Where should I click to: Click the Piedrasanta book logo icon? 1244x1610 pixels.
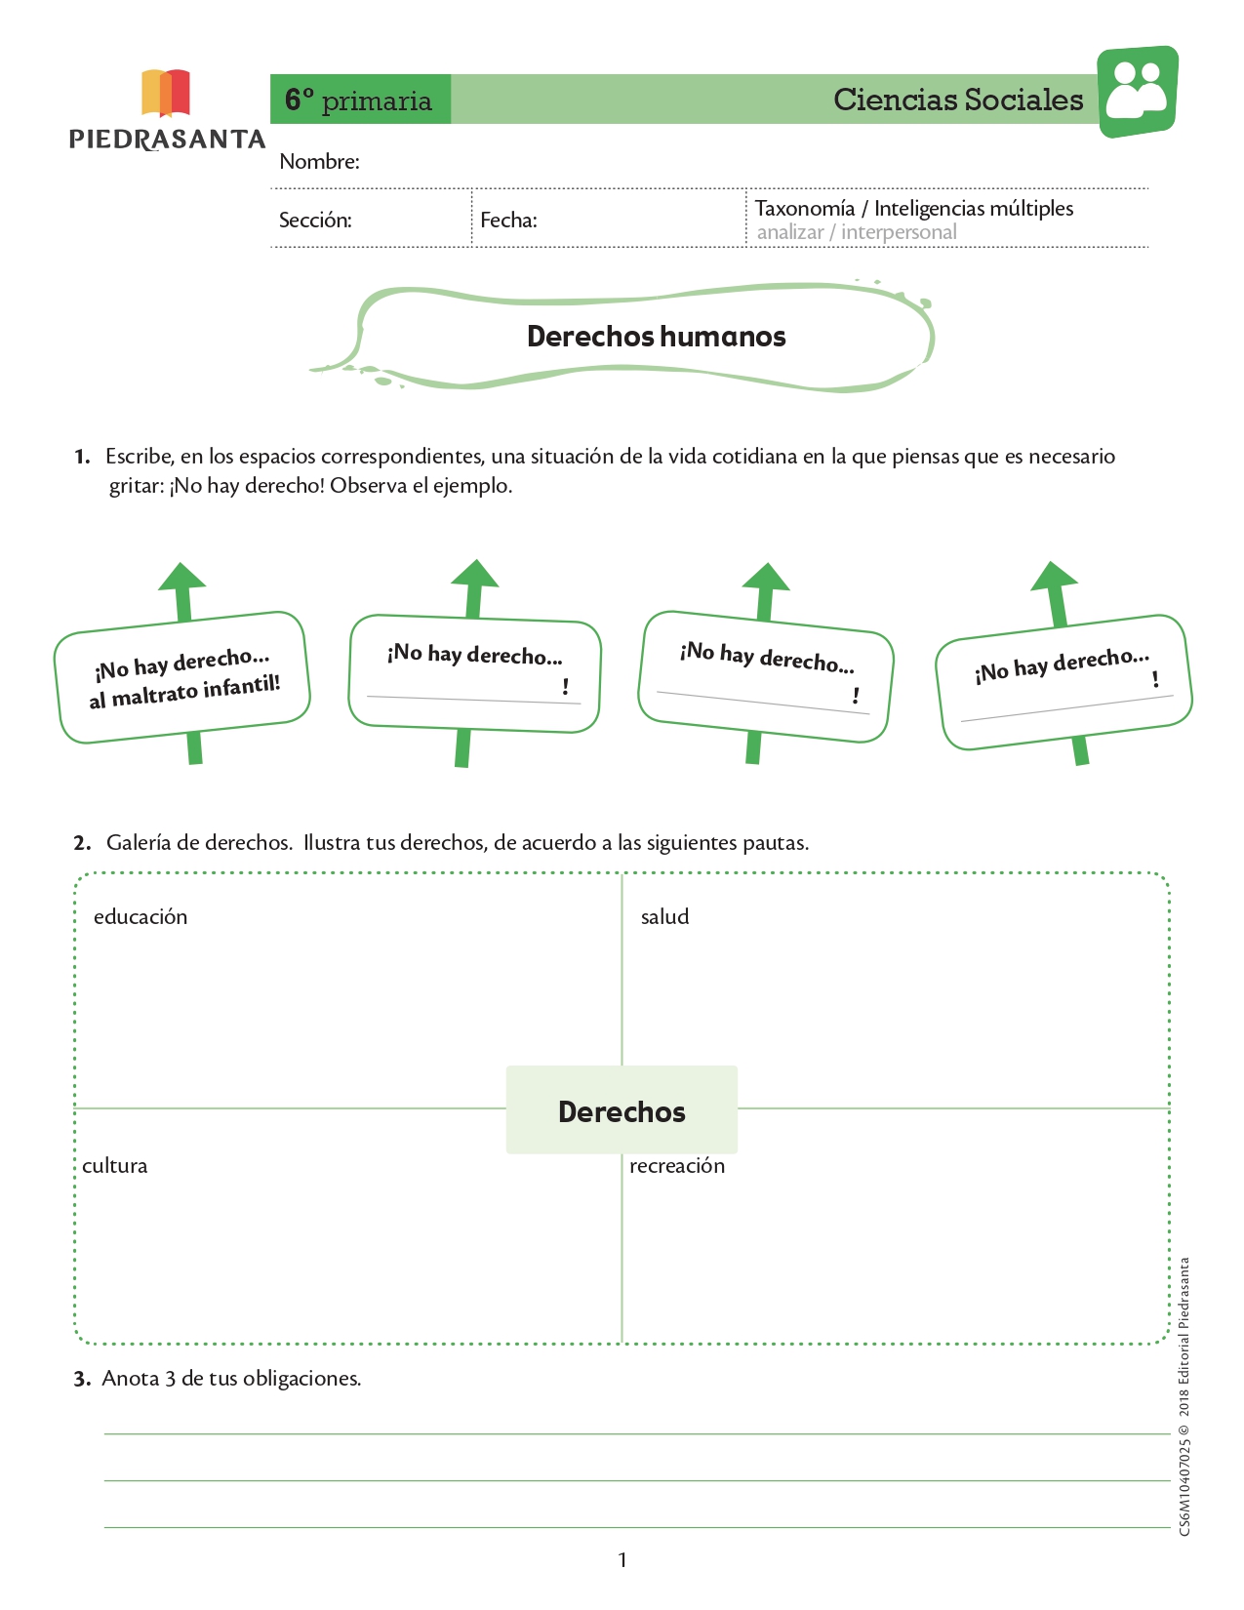coord(165,94)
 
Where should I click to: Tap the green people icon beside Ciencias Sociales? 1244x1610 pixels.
coord(1138,92)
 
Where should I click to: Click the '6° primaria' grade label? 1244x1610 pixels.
coord(359,100)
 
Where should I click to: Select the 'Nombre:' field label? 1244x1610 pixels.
coord(319,162)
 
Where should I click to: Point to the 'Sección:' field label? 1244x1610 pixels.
coord(315,221)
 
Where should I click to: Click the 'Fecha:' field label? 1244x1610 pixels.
coord(508,221)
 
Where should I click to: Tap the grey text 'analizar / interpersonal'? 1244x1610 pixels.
coord(857,232)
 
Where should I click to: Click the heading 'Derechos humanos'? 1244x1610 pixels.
coord(656,337)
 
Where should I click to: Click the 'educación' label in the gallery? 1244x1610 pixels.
coord(140,916)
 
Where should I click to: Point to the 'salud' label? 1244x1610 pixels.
coord(664,916)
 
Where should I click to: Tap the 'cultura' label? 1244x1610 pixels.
coord(115,1165)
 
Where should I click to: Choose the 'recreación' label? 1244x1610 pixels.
coord(677,1165)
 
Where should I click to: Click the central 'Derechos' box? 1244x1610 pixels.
coord(622,1109)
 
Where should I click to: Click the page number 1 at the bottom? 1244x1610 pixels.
coord(622,1559)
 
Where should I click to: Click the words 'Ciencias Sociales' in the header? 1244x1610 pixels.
coord(958,100)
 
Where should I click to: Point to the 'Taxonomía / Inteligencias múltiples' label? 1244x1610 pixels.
coord(914,208)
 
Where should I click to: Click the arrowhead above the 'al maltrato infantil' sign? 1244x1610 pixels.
coord(181,577)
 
